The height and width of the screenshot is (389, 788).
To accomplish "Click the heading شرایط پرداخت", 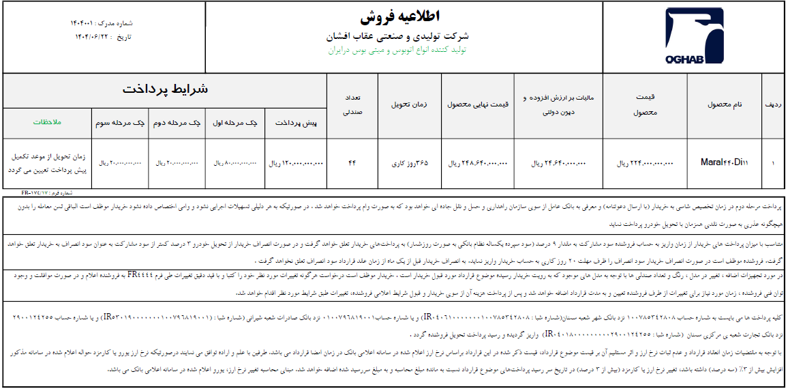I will click(x=166, y=89).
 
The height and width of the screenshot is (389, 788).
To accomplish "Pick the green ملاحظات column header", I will click(x=48, y=123).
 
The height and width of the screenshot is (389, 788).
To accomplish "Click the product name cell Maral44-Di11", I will click(x=724, y=163).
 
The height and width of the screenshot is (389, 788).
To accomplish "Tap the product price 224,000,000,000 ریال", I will click(x=645, y=164).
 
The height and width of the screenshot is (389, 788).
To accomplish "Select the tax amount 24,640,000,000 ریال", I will click(x=558, y=164).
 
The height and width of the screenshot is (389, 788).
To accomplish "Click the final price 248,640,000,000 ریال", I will click(x=478, y=164).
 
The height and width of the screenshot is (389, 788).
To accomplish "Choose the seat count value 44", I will click(x=352, y=163).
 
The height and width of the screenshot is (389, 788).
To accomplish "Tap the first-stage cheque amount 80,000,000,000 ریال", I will click(x=234, y=164).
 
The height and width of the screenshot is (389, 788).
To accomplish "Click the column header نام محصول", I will click(x=725, y=105).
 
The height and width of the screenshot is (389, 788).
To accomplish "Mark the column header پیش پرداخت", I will click(x=296, y=124).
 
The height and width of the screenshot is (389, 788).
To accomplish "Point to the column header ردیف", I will click(x=773, y=105).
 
